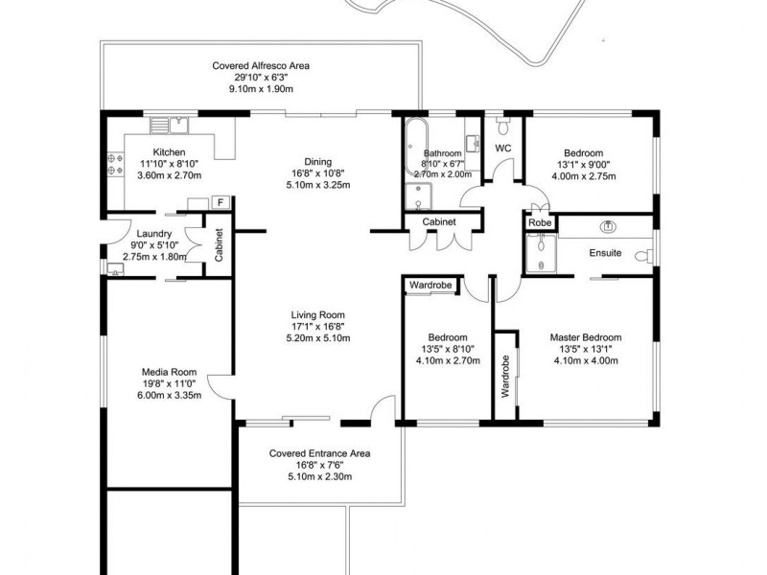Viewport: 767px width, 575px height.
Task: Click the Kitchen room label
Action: (x=169, y=152)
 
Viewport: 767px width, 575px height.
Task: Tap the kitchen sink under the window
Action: (x=176, y=124)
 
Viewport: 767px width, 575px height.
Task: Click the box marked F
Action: (x=221, y=202)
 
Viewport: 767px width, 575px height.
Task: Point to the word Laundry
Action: (x=153, y=234)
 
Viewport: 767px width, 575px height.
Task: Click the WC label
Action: (x=502, y=149)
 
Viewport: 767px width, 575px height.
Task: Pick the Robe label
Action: (x=539, y=222)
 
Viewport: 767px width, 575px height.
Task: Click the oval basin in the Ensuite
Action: (x=606, y=227)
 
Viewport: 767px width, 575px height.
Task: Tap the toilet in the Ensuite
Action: (x=648, y=255)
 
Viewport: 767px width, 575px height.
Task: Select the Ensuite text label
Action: (x=605, y=253)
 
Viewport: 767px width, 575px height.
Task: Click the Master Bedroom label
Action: (x=585, y=337)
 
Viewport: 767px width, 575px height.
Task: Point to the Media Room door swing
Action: (x=220, y=385)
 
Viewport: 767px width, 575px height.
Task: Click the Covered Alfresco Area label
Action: (x=261, y=65)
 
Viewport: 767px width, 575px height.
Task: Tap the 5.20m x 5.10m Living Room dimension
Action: (x=317, y=338)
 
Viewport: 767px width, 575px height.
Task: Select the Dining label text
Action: (x=317, y=161)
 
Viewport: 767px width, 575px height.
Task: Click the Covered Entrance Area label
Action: (x=319, y=453)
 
